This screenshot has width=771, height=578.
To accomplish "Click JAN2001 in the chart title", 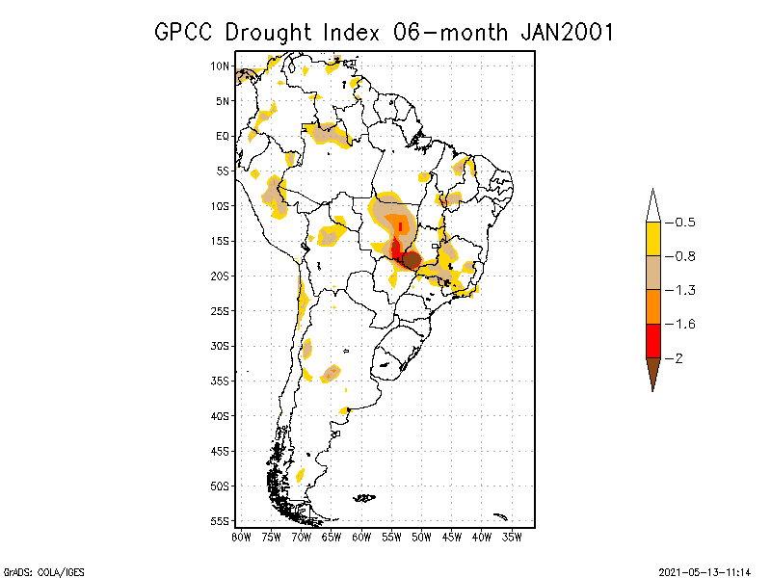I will click(567, 32).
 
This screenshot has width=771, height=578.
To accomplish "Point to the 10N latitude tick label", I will click(220, 66).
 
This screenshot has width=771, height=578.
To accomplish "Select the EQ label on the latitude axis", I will click(222, 136).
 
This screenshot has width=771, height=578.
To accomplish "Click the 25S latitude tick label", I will click(220, 310).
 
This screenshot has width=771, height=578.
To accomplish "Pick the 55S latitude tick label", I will click(220, 520).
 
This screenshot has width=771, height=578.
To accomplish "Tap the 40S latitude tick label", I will click(220, 415).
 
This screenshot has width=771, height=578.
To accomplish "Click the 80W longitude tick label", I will click(241, 537).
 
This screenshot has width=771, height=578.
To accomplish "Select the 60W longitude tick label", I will click(361, 537).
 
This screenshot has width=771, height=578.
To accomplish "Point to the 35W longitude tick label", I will click(512, 537).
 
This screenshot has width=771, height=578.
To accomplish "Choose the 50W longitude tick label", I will click(422, 537).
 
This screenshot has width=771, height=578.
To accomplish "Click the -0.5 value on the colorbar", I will click(684, 223).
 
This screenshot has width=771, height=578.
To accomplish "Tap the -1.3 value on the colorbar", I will click(684, 290).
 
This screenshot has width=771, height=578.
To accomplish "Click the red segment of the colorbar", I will click(652, 340).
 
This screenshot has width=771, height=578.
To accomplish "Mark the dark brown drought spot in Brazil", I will click(412, 259).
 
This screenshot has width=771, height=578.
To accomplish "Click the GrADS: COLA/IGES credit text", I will click(36, 570).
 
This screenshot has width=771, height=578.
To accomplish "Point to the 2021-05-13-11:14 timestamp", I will click(705, 570).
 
